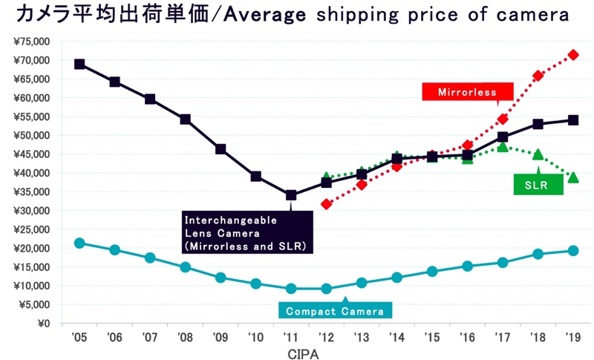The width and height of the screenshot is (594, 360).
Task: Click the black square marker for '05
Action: point(79,64)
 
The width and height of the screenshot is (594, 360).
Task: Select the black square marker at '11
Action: point(291,195)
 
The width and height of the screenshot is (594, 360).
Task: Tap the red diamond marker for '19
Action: point(573,55)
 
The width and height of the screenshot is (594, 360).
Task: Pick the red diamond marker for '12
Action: point(326,204)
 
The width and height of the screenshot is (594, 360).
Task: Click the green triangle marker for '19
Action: point(573,177)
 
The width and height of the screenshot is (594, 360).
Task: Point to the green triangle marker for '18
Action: point(538,154)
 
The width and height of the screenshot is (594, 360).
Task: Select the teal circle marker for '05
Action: point(79,243)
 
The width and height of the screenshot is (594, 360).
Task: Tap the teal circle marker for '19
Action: point(573,251)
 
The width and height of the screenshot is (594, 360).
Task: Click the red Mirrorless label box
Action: point(468,91)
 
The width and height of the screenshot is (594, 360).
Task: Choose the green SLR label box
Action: point(538,185)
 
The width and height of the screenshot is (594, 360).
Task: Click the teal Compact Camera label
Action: point(335,310)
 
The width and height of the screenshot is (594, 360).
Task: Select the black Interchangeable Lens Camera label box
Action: point(247,232)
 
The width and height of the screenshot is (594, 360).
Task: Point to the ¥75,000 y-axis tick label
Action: point(32,42)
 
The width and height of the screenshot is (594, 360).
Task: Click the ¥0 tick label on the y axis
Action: point(44,324)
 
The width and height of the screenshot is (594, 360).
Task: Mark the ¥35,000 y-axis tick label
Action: point(32,192)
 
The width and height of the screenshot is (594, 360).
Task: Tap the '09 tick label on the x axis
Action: point(220,337)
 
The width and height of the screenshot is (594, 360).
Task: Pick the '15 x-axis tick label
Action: point(432,337)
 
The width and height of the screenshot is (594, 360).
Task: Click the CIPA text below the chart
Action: point(303,354)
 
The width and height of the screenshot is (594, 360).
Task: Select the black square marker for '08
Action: point(185,120)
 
